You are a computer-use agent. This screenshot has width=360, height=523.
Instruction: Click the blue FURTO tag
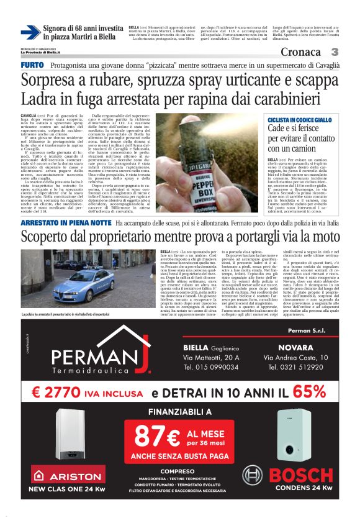click(x=32, y=65)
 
